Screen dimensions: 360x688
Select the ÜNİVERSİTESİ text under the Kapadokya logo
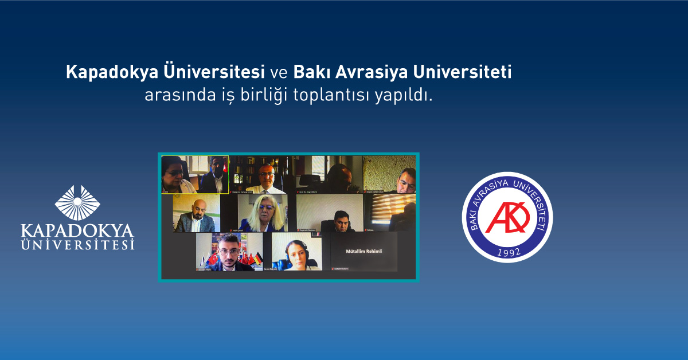click(x=77, y=245)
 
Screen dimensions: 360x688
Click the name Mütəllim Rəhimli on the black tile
click(x=364, y=251)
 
